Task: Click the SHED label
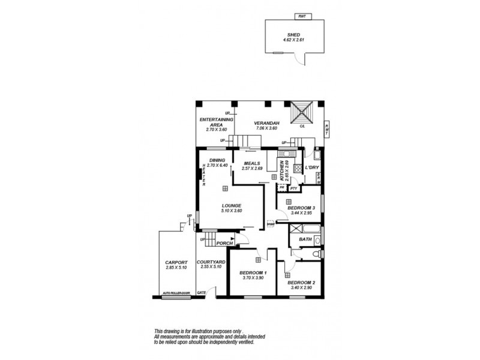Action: point(294,35)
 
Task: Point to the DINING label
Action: point(217,160)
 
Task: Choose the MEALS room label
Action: point(251,163)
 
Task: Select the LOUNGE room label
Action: point(231,205)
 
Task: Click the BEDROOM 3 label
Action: point(302,208)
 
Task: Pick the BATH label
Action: point(305,239)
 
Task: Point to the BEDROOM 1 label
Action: point(253,272)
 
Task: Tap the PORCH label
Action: point(224,243)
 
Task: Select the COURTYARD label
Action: point(211,262)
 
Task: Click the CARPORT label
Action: point(176,262)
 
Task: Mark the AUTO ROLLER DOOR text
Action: point(176,293)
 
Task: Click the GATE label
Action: point(202,292)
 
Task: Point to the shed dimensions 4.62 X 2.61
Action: point(294,40)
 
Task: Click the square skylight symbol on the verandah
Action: point(302,112)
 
